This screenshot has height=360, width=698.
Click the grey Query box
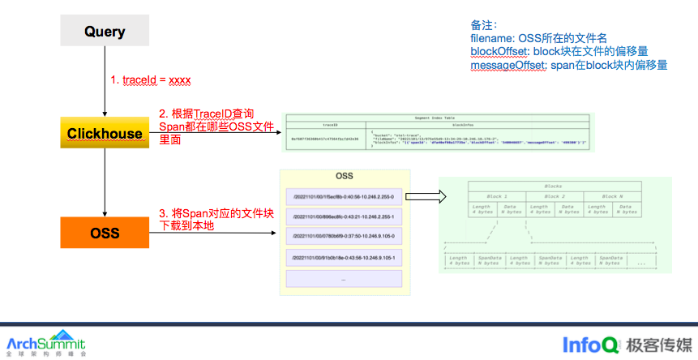pyautogui.click(x=105, y=32)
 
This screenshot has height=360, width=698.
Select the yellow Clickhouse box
pyautogui.click(x=105, y=133)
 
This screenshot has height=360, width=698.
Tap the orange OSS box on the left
pyautogui.click(x=105, y=234)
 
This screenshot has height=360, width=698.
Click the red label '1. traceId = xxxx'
pyautogui.click(x=151, y=80)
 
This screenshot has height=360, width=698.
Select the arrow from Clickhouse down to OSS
pyautogui.click(x=105, y=182)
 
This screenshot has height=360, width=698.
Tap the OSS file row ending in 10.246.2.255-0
pyautogui.click(x=344, y=196)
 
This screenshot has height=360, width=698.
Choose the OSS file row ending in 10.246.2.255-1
pyautogui.click(x=344, y=216)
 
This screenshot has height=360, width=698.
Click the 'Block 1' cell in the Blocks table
pyautogui.click(x=496, y=196)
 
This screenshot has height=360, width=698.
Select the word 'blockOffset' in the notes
pyautogui.click(x=495, y=51)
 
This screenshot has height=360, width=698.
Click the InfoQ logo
pyautogui.click(x=592, y=344)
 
